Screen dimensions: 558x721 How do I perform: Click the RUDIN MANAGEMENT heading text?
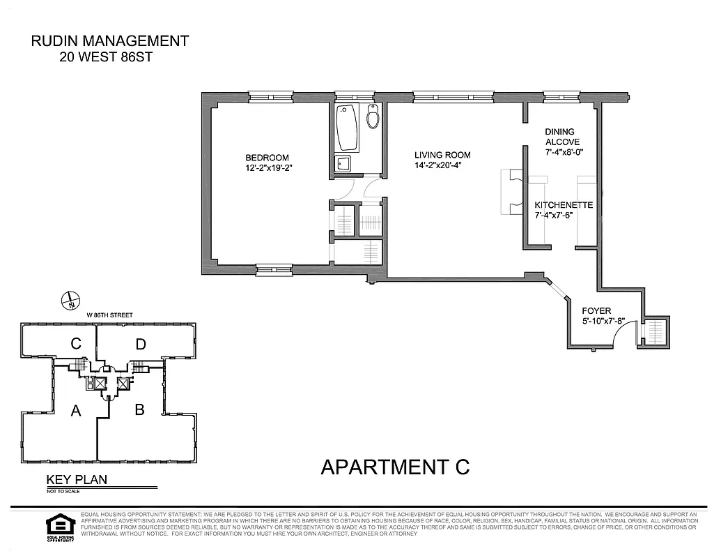pyautogui.click(x=110, y=41)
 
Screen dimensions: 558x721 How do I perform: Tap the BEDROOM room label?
pyautogui.click(x=266, y=158)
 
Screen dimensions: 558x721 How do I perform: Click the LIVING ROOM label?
pyautogui.click(x=442, y=155)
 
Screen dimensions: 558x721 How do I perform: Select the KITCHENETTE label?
pyautogui.click(x=564, y=205)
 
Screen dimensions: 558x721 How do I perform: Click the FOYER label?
pyautogui.click(x=597, y=311)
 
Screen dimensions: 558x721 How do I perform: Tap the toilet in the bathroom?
pyautogui.click(x=373, y=119)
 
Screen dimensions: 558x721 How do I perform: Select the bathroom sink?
pyautogui.click(x=343, y=164)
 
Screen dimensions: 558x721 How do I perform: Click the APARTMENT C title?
pyautogui.click(x=395, y=467)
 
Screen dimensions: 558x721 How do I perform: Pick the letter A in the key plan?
pyautogui.click(x=76, y=412)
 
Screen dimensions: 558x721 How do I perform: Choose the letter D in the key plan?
pyautogui.click(x=141, y=343)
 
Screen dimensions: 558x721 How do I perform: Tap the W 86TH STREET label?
pyautogui.click(x=109, y=315)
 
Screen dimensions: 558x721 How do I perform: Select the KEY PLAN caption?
pyautogui.click(x=77, y=479)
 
